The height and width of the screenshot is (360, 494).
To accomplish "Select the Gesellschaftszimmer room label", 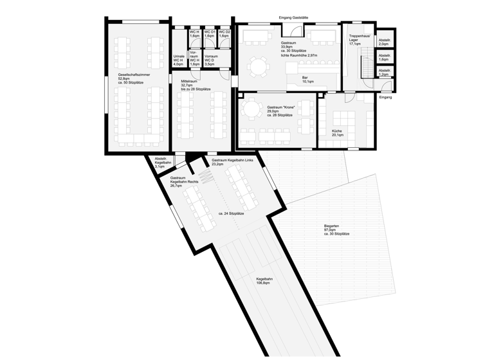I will (130, 78).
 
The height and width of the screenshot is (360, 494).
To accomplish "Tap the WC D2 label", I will (224, 34).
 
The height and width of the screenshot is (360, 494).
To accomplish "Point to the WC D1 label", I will (209, 34).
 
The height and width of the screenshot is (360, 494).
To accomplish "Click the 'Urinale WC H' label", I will (179, 60).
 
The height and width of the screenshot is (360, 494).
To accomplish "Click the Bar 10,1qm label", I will (308, 79).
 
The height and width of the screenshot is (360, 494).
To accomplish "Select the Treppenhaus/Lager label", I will (358, 40).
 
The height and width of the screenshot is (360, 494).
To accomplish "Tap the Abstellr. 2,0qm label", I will (385, 43).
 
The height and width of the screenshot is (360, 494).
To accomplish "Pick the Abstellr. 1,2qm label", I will (385, 73).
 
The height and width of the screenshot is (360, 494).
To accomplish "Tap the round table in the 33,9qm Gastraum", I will (258, 64).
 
